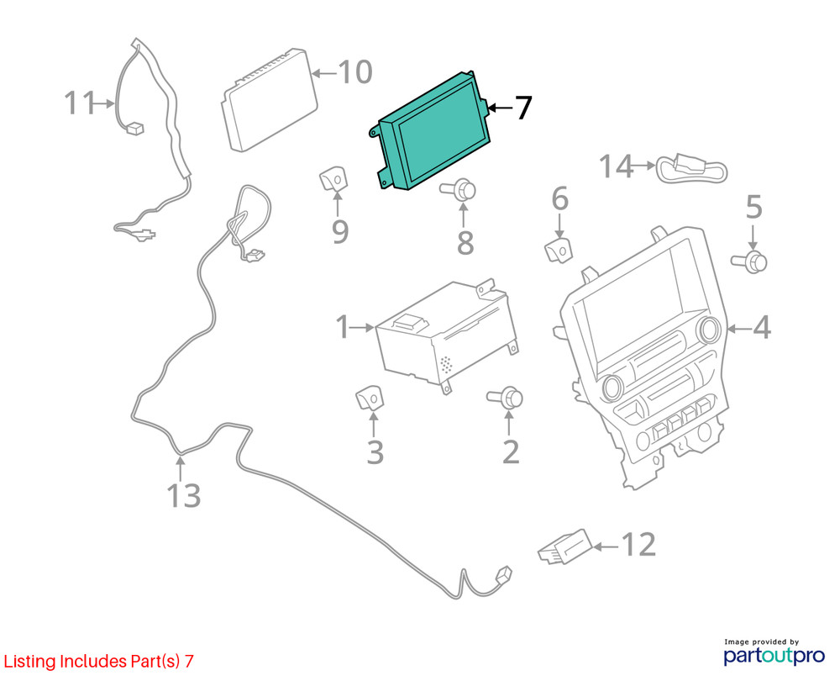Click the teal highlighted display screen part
[x=431, y=131]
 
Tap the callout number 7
[x=523, y=108]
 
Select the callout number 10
[x=355, y=71]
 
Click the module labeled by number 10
[x=270, y=100]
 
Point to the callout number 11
[x=79, y=103]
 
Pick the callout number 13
[x=184, y=495]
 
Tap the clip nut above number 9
[x=333, y=178]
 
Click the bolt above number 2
[x=505, y=398]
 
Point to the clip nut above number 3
[x=370, y=398]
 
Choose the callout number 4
[x=762, y=328]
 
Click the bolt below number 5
[x=749, y=261]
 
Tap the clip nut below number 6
[x=559, y=251]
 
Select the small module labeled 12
[x=565, y=547]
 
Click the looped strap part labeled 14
[x=692, y=169]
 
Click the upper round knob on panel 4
[x=709, y=330]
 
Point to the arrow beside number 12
[x=606, y=546]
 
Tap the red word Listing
[x=30, y=662]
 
